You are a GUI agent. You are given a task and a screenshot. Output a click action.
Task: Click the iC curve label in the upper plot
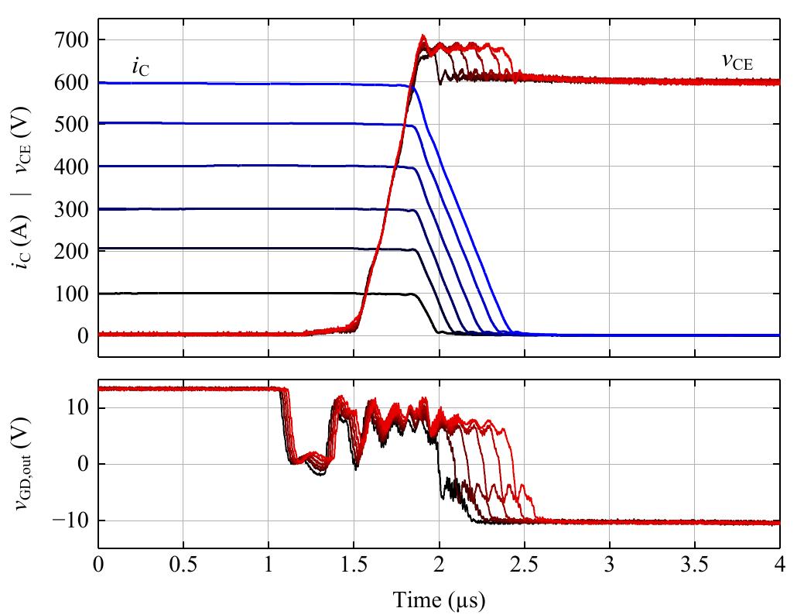(x=141, y=67)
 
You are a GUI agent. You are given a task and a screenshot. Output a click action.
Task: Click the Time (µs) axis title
(x=439, y=599)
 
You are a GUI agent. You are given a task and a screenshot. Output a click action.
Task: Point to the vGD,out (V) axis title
(x=22, y=464)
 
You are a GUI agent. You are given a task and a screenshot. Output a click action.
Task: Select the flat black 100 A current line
(x=232, y=293)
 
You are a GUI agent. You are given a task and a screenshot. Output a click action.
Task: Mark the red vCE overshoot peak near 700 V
(x=423, y=36)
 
